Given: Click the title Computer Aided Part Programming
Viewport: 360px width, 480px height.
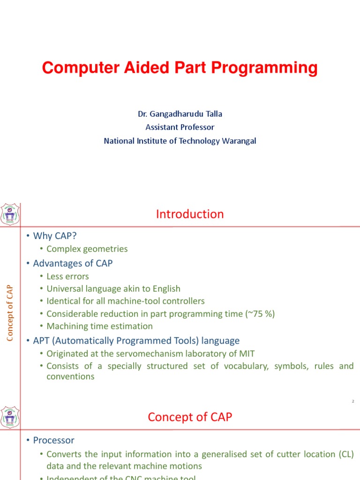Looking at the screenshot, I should pyautogui.click(x=180, y=68).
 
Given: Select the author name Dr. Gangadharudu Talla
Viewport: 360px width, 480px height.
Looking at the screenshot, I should pyautogui.click(x=180, y=114).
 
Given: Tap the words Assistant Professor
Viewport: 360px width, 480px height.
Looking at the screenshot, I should pyautogui.click(x=180, y=127).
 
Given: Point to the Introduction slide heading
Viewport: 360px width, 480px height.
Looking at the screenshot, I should pyautogui.click(x=190, y=214).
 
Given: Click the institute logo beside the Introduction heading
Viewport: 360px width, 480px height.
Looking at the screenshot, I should pyautogui.click(x=10, y=215).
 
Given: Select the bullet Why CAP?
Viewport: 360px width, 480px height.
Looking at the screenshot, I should pyautogui.click(x=54, y=235).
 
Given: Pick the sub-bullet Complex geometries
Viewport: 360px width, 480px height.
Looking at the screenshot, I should pyautogui.click(x=87, y=249).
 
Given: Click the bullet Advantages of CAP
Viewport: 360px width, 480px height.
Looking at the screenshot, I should pyautogui.click(x=73, y=263).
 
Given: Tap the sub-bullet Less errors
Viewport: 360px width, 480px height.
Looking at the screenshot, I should pyautogui.click(x=67, y=277).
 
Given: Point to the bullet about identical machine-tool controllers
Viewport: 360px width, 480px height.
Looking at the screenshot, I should pyautogui.click(x=125, y=301).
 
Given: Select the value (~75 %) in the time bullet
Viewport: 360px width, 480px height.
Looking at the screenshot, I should pyautogui.click(x=260, y=314).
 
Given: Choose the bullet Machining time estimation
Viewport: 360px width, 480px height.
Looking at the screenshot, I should pyautogui.click(x=99, y=326).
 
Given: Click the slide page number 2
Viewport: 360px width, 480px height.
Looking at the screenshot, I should pyautogui.click(x=352, y=401).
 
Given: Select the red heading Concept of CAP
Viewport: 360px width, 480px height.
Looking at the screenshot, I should pyautogui.click(x=190, y=417).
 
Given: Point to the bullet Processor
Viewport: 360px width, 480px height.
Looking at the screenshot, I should pyautogui.click(x=53, y=440).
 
